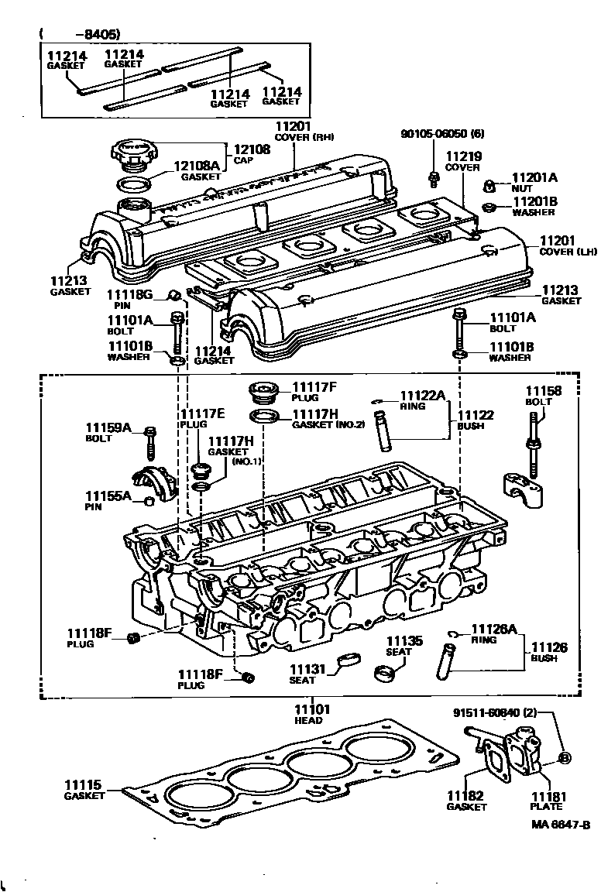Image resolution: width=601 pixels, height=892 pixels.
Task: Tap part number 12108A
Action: pos(197,166)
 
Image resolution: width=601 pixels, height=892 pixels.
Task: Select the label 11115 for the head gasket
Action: pos(83,785)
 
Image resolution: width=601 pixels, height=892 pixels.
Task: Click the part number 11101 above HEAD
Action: pos(312,709)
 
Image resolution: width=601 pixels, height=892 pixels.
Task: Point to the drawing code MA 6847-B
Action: pos(561,825)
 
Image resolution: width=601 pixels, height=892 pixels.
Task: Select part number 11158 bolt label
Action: pos(543,390)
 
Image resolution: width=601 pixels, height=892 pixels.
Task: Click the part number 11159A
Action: pos(108,427)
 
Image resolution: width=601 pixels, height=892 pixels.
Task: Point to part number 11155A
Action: pos(108,496)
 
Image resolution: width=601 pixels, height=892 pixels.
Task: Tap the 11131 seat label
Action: pos(307,670)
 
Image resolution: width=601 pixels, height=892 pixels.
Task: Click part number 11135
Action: pos(404,641)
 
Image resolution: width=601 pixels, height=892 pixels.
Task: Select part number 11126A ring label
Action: pos(494,629)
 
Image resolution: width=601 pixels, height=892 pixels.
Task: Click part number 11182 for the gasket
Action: pos(465,796)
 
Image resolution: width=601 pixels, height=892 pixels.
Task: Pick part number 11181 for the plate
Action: pos(549,797)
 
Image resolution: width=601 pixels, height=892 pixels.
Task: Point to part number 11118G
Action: pos(130,294)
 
